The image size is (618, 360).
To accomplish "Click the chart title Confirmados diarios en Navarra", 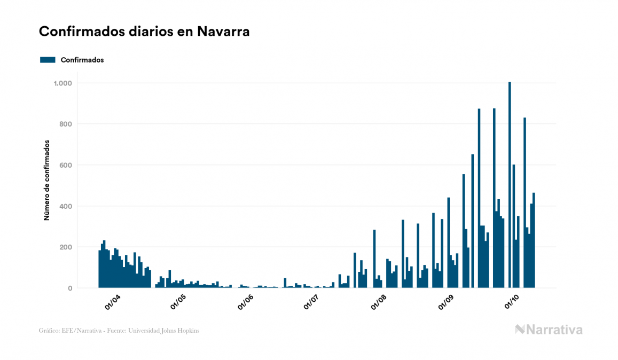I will [144, 32].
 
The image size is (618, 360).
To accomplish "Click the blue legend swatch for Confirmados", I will [48, 60].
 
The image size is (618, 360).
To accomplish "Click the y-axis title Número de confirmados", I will [47, 181].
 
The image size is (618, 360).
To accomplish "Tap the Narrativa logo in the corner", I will [549, 330].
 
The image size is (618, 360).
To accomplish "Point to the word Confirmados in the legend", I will [82, 60].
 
